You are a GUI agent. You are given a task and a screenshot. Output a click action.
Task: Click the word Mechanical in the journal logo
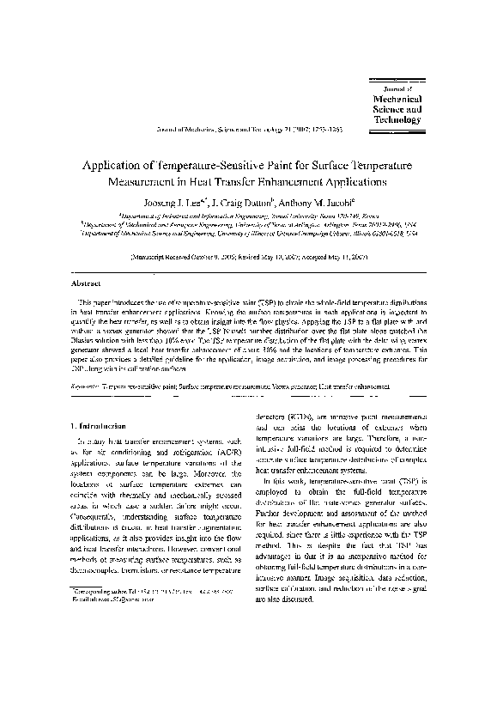pyautogui.click(x=399, y=99)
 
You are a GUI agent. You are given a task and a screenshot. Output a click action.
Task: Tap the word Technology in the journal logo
pyautogui.click(x=399, y=120)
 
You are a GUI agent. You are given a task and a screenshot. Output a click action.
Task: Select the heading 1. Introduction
pyautogui.click(x=97, y=425)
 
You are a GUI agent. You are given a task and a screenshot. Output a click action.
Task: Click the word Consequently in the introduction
pyautogui.click(x=94, y=515)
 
